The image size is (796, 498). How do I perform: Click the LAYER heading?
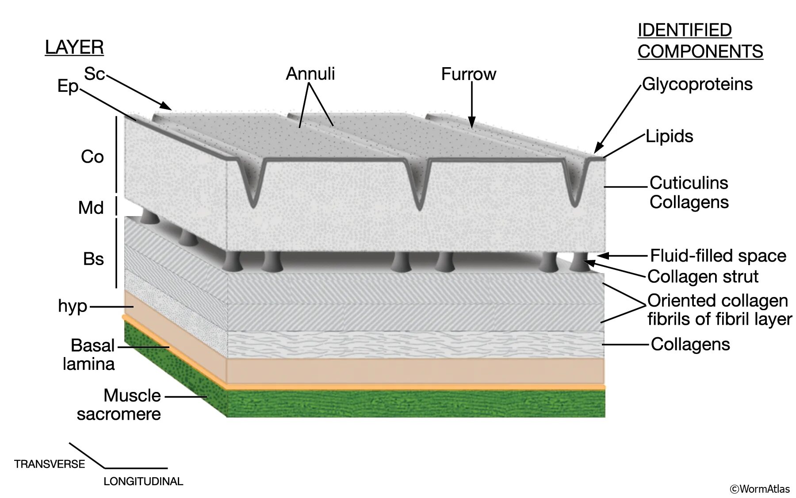tap(74, 47)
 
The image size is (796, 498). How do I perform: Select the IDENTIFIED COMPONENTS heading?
tap(700, 41)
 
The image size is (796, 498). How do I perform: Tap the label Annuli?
tap(310, 73)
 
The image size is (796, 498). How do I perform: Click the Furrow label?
tap(468, 74)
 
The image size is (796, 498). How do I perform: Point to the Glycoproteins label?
tap(697, 84)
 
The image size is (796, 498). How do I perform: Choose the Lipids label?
tap(669, 136)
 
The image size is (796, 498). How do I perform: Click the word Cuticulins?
tap(689, 182)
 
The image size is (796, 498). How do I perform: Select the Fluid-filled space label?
tap(718, 255)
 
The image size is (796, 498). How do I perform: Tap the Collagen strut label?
tap(703, 277)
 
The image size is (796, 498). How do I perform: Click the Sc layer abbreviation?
tap(94, 74)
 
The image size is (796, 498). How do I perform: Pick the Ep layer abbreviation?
tap(68, 86)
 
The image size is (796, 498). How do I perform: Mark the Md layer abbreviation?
tap(91, 208)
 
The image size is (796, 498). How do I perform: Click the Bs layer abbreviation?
tap(93, 259)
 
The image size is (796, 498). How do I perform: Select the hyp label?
tap(73, 306)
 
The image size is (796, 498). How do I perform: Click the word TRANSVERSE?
tap(50, 464)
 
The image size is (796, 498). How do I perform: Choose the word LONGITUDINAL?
tap(143, 482)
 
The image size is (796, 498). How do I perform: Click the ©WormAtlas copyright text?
tap(759, 489)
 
